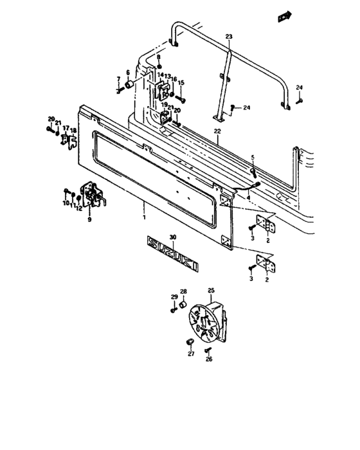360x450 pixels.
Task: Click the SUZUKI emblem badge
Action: tap(172, 253)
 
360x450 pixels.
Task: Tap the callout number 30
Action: tap(173, 237)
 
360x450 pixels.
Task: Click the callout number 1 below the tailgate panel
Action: tap(144, 217)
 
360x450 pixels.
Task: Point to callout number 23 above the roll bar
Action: tap(229, 37)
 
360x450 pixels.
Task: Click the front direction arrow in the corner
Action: tap(285, 16)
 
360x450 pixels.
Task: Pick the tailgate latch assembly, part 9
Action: tap(93, 195)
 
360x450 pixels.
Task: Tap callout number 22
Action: tap(217, 131)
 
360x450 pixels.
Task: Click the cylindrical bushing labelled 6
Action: tap(129, 85)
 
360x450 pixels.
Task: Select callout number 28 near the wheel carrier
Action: tap(183, 292)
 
